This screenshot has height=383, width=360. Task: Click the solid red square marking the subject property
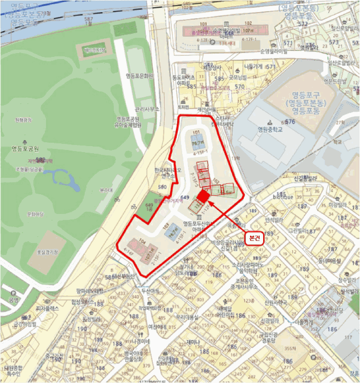coord(203,195)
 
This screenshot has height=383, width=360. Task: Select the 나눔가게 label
coord(253,66)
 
